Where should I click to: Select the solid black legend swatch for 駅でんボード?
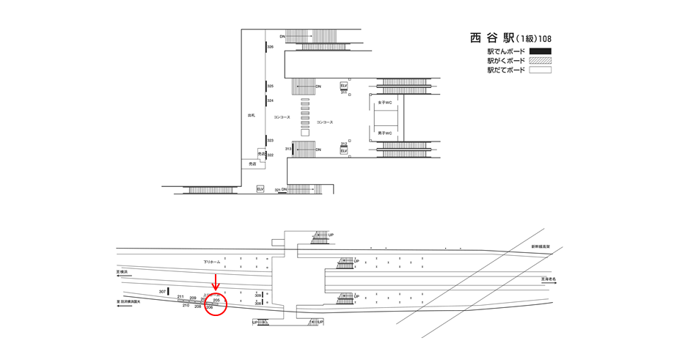(x=540, y=51)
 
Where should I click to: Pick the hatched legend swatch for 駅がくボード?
(x=540, y=61)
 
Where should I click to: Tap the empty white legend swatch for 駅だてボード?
(x=540, y=70)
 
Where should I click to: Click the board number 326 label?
(x=271, y=47)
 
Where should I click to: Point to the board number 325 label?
(x=271, y=86)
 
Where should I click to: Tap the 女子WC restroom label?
(x=385, y=103)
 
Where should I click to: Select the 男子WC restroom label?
(x=385, y=133)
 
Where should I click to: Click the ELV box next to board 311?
(x=344, y=86)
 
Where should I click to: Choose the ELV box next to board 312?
(x=344, y=151)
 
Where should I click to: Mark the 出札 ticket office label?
(x=251, y=116)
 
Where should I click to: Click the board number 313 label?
(x=288, y=149)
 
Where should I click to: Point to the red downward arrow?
(x=216, y=282)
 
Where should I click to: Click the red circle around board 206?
(x=215, y=304)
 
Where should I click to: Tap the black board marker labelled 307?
(x=168, y=292)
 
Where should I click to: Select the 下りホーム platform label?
(x=212, y=262)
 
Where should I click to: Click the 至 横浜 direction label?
(x=123, y=272)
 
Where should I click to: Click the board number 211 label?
(x=180, y=296)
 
